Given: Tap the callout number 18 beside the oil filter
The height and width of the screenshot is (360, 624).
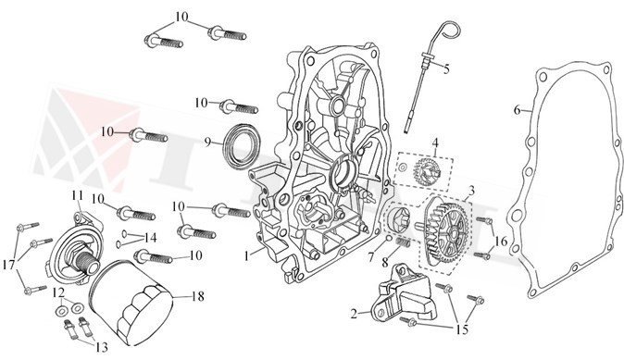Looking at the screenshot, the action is pos(198,296).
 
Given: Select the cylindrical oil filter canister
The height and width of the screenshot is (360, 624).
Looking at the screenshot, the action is pos(130,303).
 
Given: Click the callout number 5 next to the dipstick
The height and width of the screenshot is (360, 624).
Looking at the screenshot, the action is pos(446,68).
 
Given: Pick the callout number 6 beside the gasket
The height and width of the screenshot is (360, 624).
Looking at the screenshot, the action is pos(517,110).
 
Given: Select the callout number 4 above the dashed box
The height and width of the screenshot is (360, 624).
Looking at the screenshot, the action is pos(435,143).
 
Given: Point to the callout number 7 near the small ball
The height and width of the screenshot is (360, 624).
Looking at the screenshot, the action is pos(371,257).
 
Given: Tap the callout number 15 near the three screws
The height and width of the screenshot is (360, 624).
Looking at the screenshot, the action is pos(462,329).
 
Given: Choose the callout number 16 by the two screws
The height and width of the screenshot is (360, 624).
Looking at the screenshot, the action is pos(501,241).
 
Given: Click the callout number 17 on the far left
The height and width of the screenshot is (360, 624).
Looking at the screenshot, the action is pos(8,265).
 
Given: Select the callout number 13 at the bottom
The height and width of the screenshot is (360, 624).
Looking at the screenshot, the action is pos(102,347).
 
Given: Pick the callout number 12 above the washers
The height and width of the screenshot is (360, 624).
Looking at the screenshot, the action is pos(58,292).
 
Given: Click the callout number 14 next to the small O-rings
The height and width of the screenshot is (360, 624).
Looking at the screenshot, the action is pos(150,238).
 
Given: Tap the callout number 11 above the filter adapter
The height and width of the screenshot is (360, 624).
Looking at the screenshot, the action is pos(78,195).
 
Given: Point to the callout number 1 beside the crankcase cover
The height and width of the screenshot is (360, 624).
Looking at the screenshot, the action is pos(247,255).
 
